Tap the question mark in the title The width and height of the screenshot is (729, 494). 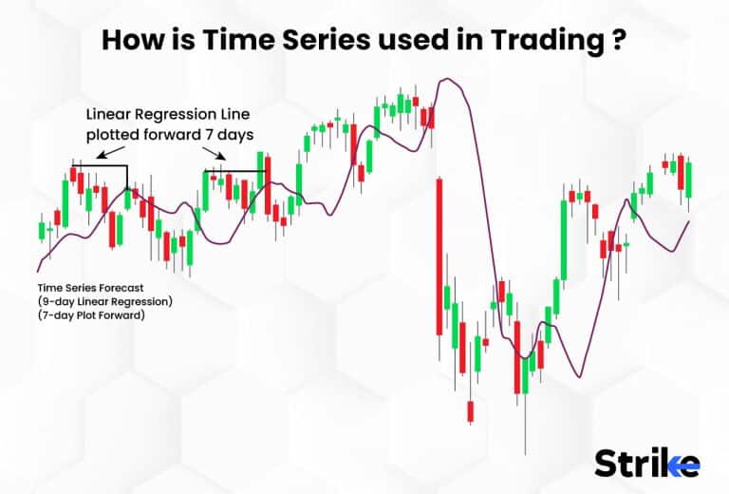[x=619, y=41]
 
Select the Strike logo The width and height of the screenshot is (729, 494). [x=646, y=463]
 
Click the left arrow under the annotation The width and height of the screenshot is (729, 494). [x=106, y=152]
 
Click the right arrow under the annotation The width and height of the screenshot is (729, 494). [x=217, y=155]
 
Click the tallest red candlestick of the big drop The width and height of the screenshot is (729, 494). [x=439, y=256]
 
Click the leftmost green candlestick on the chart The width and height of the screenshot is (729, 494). [x=42, y=230]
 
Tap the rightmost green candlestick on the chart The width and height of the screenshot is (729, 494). [x=689, y=180]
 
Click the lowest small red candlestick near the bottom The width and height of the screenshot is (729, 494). [x=470, y=410]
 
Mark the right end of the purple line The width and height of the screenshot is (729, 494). [x=688, y=221]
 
